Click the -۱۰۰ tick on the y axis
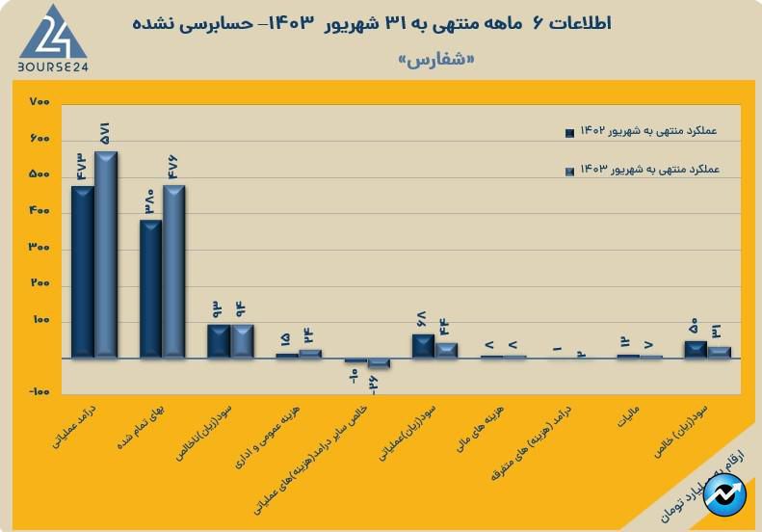click(39, 393)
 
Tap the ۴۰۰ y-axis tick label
click(39, 212)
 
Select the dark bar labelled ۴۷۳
click(83, 272)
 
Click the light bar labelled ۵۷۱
click(106, 254)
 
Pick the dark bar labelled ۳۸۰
click(151, 289)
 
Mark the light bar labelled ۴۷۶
click(174, 272)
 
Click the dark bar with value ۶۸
click(423, 346)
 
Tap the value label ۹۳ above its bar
click(218, 310)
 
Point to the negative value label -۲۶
click(372, 382)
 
